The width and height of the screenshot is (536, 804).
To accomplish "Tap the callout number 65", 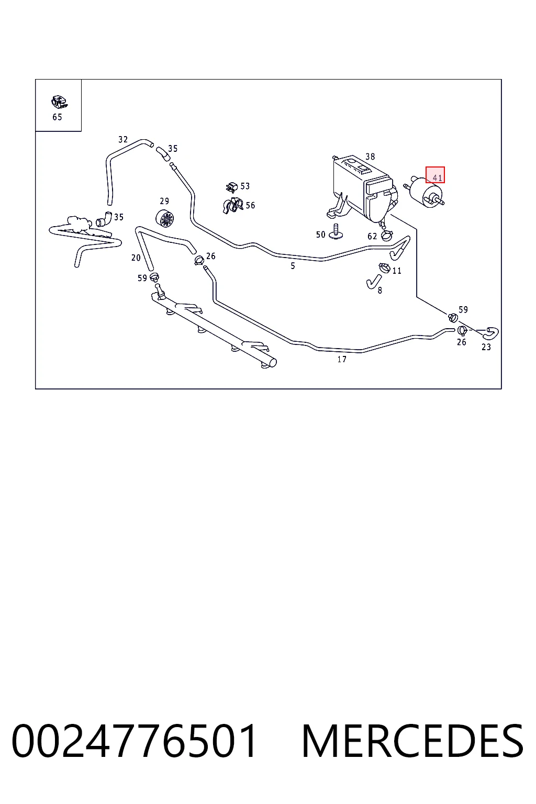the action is pyautogui.click(x=58, y=117).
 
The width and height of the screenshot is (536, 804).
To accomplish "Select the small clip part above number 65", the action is pyautogui.click(x=59, y=102).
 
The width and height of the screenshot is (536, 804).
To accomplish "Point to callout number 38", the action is pyautogui.click(x=370, y=157).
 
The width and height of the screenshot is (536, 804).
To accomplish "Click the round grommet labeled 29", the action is pyautogui.click(x=165, y=218).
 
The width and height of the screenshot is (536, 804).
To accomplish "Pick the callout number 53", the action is pyautogui.click(x=245, y=186).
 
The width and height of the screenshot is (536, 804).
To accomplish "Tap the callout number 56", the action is pyautogui.click(x=250, y=205).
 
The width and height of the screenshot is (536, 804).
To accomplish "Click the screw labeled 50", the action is pyautogui.click(x=336, y=231).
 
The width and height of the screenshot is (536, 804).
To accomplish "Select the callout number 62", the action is pyautogui.click(x=372, y=236).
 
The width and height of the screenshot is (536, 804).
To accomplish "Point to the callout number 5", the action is pyautogui.click(x=293, y=266).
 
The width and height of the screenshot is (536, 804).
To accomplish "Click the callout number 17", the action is pyautogui.click(x=342, y=359).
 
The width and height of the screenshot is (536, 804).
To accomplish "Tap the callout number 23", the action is pyautogui.click(x=486, y=347).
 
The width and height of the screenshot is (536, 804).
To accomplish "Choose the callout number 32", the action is pyautogui.click(x=123, y=140).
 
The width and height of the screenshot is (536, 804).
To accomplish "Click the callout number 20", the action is pyautogui.click(x=136, y=258).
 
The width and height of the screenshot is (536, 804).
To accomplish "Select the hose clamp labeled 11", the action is pyautogui.click(x=385, y=267).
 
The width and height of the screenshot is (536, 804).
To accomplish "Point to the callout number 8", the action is pyautogui.click(x=380, y=291).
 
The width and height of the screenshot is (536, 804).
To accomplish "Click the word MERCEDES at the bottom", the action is pyautogui.click(x=412, y=741).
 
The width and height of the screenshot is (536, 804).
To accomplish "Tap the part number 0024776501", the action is pyautogui.click(x=135, y=741).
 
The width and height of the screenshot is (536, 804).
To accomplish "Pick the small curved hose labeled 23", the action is pyautogui.click(x=490, y=333).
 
